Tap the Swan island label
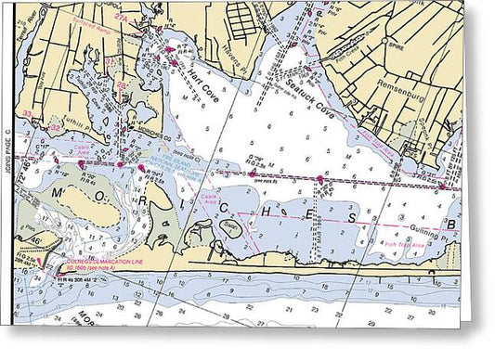[229, 223]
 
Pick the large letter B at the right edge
[453, 223]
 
